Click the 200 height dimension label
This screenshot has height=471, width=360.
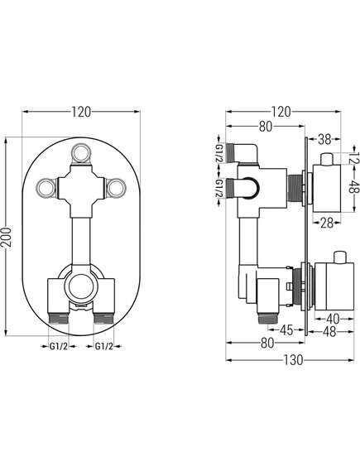click(x=7, y=237)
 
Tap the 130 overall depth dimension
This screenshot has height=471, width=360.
click(x=293, y=360)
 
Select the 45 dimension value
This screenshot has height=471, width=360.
click(x=286, y=330)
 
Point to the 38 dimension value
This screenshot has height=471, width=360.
click(x=324, y=139)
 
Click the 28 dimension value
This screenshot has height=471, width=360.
click(x=327, y=223)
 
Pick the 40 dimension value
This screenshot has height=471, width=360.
click(x=333, y=319)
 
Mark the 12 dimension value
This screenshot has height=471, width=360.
click(x=355, y=156)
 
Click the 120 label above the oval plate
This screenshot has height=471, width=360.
click(x=81, y=112)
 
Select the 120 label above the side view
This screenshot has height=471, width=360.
click(x=281, y=112)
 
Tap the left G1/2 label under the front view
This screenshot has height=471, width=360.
click(x=59, y=346)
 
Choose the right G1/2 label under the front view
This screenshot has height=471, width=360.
click(x=104, y=346)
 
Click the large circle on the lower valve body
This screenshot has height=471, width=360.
click(x=81, y=286)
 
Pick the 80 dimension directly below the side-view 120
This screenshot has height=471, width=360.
click(x=266, y=127)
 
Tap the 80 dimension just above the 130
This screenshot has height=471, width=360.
click(x=267, y=343)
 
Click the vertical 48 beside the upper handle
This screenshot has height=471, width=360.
click(x=355, y=188)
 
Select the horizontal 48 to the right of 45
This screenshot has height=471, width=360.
click(x=329, y=331)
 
